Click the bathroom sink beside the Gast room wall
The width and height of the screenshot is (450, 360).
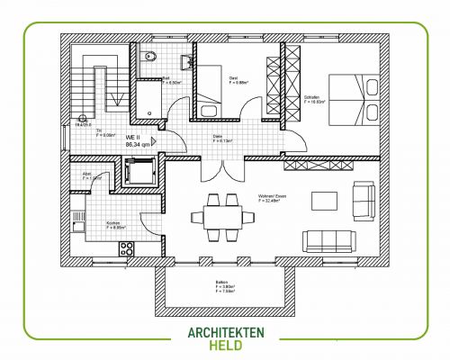(x=188, y=60)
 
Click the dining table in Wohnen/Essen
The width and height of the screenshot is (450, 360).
(x=219, y=216)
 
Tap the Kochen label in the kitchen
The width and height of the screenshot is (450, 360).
(x=114, y=224)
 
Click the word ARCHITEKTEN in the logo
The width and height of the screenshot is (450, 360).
(x=226, y=333)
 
